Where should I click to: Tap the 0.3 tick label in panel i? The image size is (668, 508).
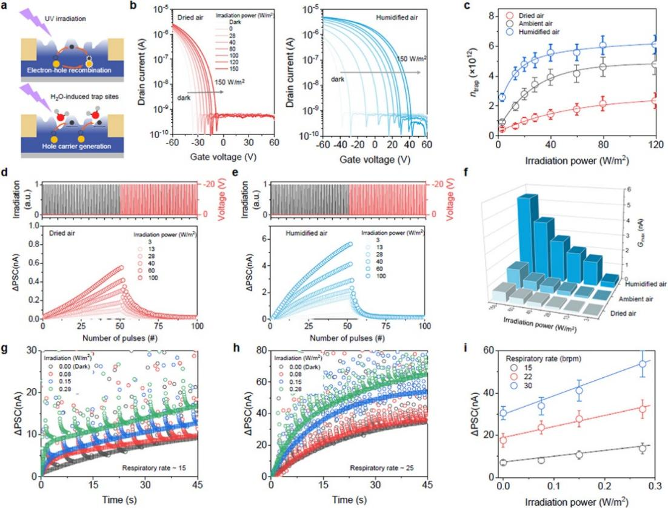coord(655,486)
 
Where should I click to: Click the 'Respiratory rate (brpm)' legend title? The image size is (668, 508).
coord(541,356)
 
